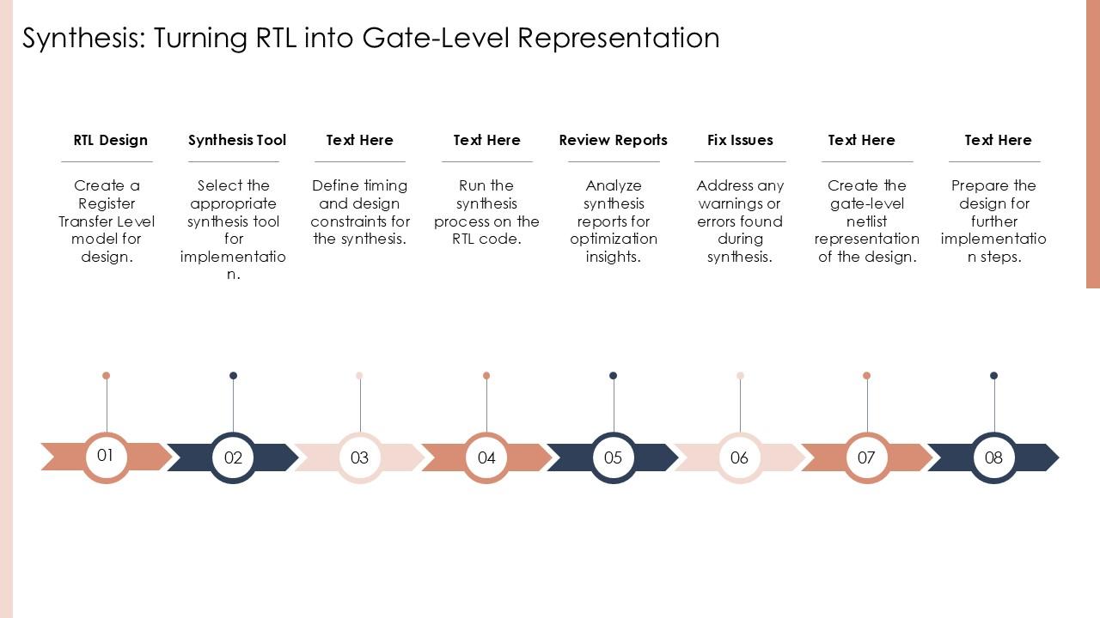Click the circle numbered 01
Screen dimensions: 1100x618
pyautogui.click(x=106, y=457)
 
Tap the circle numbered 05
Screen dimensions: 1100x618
pyautogui.click(x=614, y=457)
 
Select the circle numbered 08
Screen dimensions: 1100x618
pyautogui.click(x=994, y=457)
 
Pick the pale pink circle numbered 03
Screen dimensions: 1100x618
pyautogui.click(x=359, y=457)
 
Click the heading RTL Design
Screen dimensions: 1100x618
pyautogui.click(x=111, y=140)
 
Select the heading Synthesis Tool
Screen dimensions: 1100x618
pyautogui.click(x=236, y=140)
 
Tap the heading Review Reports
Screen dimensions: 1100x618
pyautogui.click(x=613, y=140)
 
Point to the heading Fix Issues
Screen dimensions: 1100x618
pyautogui.click(x=740, y=140)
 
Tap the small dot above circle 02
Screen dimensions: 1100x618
pyautogui.click(x=233, y=376)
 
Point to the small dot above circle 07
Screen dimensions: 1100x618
pyautogui.click(x=867, y=376)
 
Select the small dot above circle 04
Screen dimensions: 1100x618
pyautogui.click(x=486, y=376)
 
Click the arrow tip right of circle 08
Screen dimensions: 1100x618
pyautogui.click(x=1059, y=457)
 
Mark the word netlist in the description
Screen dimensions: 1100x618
pyautogui.click(x=867, y=221)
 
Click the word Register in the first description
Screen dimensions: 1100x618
pyautogui.click(x=107, y=204)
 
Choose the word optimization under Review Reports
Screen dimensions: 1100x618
pyautogui.click(x=614, y=239)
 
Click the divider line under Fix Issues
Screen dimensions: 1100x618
pyautogui.click(x=740, y=161)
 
